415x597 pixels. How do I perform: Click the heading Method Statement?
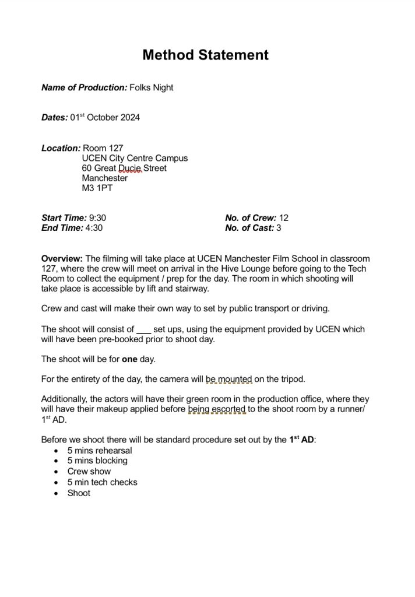click(205, 55)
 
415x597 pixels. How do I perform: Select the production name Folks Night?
click(151, 88)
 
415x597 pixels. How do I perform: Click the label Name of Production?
click(84, 88)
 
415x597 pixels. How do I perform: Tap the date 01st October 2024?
click(105, 118)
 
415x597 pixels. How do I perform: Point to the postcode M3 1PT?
click(98, 189)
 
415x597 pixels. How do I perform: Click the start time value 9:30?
click(97, 218)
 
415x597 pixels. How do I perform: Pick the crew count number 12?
click(284, 218)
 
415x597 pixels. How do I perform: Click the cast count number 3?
click(279, 228)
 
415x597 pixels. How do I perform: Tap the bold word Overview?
click(62, 258)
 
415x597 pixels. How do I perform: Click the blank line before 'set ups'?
click(143, 329)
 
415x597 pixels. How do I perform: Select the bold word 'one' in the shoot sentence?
click(129, 359)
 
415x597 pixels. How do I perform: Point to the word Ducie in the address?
click(131, 168)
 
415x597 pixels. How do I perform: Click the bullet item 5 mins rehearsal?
click(100, 451)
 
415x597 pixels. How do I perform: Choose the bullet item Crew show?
click(89, 472)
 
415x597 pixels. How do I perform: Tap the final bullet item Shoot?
click(79, 493)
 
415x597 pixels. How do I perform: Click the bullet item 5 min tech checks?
click(102, 483)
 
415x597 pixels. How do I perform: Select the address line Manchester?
click(105, 178)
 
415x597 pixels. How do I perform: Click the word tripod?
click(291, 379)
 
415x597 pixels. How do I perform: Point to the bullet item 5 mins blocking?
click(97, 461)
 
